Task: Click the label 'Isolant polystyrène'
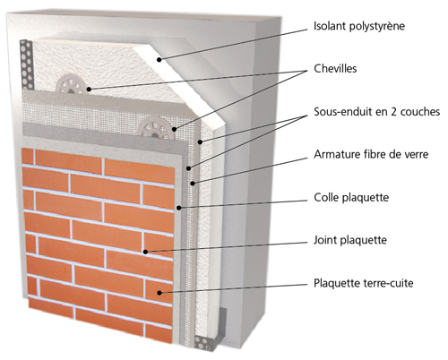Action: coord(359,26)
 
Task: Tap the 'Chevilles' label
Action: coord(335,69)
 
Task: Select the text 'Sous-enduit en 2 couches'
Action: coord(376,112)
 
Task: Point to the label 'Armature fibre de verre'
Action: coord(371,154)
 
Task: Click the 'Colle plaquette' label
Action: coord(351,198)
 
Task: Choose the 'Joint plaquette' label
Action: coord(350,240)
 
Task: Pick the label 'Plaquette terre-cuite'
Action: coord(364,283)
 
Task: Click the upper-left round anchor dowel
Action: coord(72,85)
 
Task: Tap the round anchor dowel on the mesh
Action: coord(156,128)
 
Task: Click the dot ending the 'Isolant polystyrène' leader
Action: coord(159,60)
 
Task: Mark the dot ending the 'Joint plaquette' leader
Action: coord(145,252)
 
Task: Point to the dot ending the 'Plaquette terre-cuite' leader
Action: coord(159,293)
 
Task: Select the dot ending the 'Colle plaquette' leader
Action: coord(178,208)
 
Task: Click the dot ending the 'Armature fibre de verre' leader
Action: coord(193,184)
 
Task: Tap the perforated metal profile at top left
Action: coord(26,64)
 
